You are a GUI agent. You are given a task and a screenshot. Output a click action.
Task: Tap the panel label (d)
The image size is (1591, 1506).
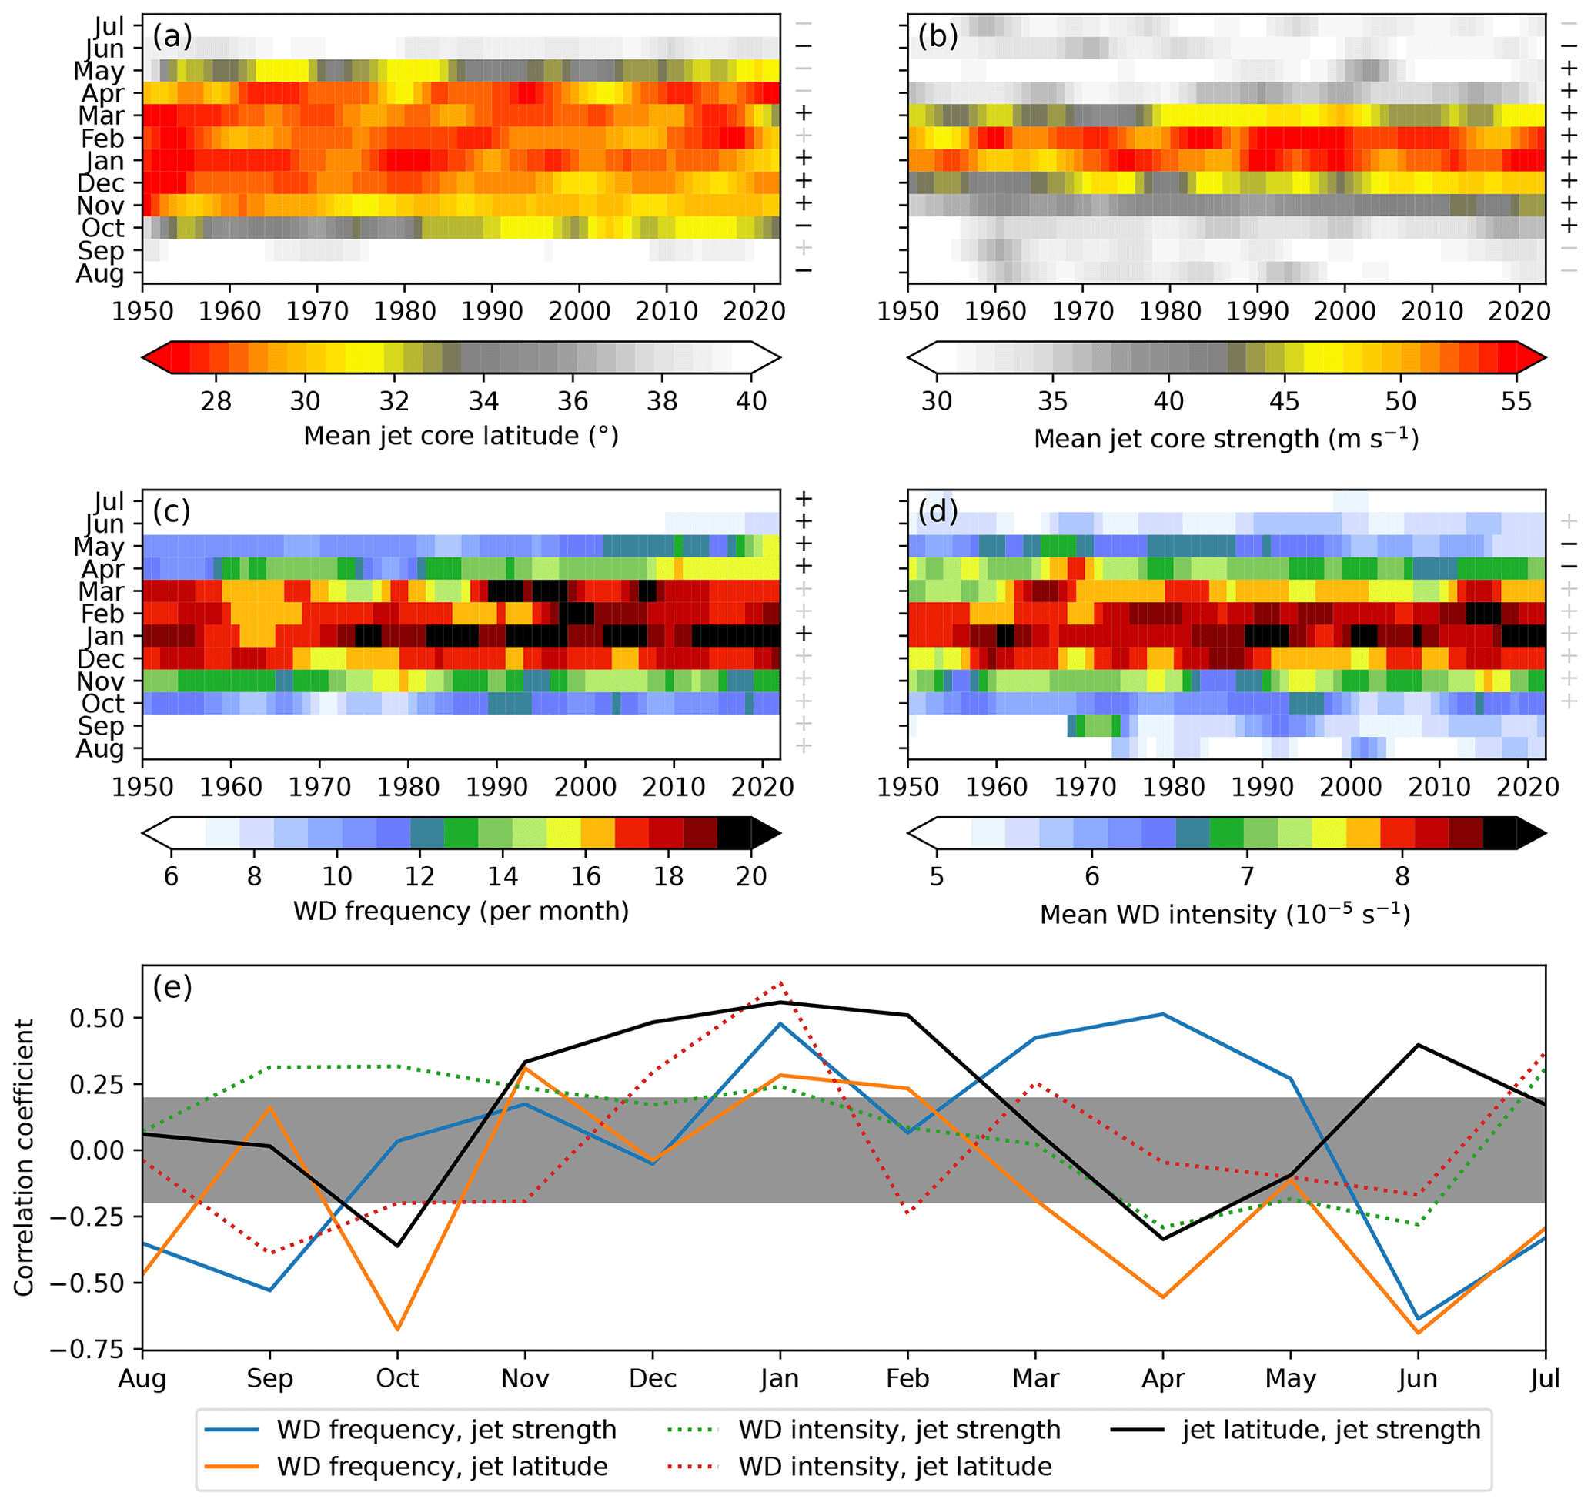click(x=938, y=510)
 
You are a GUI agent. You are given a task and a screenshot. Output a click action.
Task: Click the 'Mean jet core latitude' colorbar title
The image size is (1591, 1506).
click(x=461, y=436)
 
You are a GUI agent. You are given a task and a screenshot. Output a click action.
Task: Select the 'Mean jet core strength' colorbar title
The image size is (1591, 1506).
click(x=1225, y=438)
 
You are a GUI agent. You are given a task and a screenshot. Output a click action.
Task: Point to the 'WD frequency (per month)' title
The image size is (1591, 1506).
click(x=461, y=911)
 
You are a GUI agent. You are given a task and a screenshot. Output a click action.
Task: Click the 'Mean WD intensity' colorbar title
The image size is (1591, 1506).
click(x=1225, y=915)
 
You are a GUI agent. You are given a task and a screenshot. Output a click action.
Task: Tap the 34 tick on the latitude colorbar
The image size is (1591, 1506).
click(x=483, y=400)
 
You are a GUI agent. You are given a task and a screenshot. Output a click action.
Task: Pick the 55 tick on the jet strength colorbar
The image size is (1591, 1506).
click(x=1516, y=400)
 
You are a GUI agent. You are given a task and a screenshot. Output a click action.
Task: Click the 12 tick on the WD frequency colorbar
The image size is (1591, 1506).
click(x=419, y=876)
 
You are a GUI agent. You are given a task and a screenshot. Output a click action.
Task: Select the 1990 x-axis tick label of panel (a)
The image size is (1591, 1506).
click(x=492, y=311)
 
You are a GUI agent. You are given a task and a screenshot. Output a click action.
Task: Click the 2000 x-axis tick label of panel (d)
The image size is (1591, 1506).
click(x=1351, y=786)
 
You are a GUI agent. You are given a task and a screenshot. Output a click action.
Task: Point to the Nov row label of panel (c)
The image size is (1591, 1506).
click(x=101, y=681)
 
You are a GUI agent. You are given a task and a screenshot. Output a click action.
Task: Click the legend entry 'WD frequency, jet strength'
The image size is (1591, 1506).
click(x=446, y=1430)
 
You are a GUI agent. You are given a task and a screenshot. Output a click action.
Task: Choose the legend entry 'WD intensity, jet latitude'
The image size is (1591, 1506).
click(x=895, y=1467)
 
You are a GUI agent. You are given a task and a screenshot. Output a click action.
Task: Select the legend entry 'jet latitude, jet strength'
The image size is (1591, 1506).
click(x=1331, y=1430)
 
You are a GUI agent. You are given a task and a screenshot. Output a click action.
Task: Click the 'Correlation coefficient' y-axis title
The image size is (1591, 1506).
click(x=24, y=1156)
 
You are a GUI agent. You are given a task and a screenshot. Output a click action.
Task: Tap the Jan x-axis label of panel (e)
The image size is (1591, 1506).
click(x=780, y=1378)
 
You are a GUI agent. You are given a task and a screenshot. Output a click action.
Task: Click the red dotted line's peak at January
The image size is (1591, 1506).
click(x=780, y=982)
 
